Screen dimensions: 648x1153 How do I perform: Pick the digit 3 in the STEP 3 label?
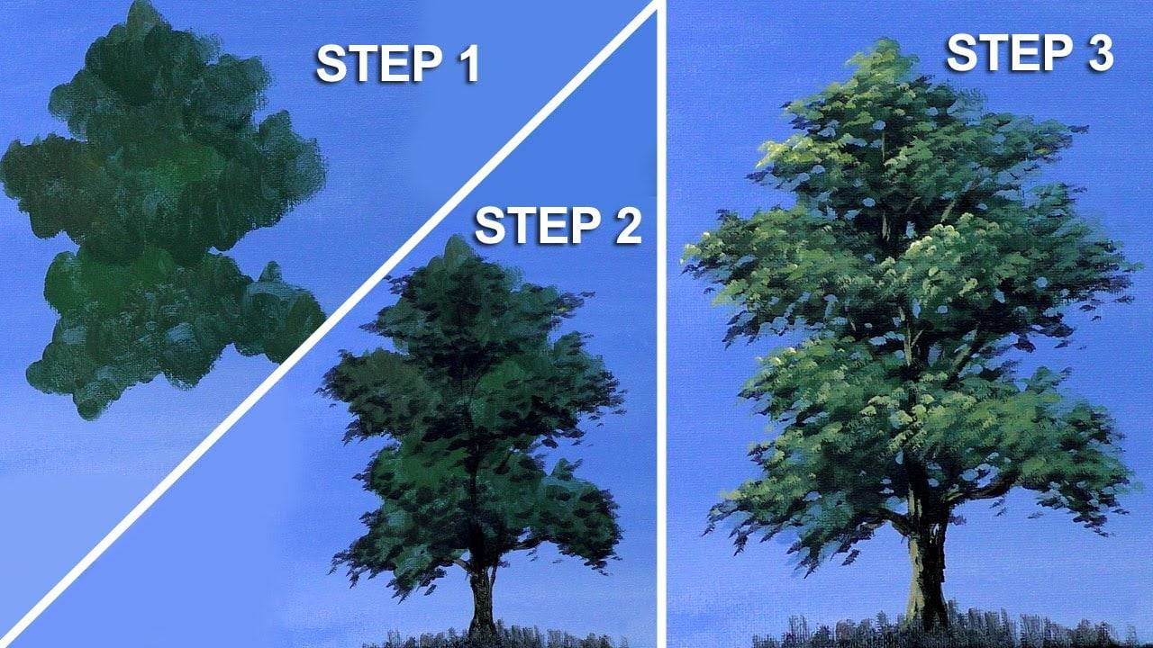coord(1095,53)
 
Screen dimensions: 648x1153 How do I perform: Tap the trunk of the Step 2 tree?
coord(481,598)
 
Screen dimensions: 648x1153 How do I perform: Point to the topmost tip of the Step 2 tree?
coord(458,239)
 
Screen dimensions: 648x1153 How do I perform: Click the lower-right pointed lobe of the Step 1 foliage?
coord(270,270)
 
